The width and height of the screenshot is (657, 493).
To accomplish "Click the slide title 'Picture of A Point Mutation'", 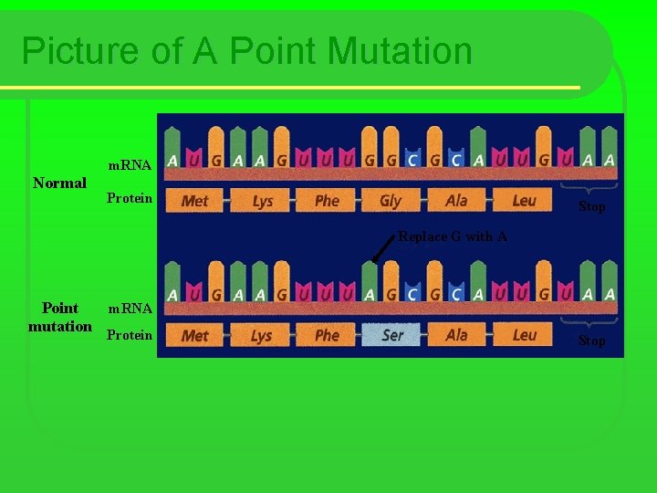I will click(246, 51).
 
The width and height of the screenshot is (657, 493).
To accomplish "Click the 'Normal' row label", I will click(59, 183).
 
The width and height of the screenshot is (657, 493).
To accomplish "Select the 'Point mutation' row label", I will click(60, 317).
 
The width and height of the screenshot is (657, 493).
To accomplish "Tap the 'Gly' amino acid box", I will click(391, 201).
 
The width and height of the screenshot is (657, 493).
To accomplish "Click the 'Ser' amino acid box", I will click(392, 335).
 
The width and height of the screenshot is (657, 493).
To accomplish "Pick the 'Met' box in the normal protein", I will click(195, 201).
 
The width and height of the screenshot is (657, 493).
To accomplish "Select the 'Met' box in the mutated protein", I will click(195, 335).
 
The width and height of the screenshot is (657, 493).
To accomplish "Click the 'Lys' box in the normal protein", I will click(263, 201).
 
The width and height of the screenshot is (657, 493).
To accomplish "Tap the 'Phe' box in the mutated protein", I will click(327, 335).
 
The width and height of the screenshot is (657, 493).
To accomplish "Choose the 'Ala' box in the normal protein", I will click(456, 201).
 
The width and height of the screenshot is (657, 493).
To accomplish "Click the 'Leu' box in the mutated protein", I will click(525, 335).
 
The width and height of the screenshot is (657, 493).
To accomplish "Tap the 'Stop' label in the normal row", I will click(591, 207).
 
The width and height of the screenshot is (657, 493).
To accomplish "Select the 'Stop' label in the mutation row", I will click(591, 341).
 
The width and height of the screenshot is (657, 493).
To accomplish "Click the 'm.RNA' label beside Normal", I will click(130, 165).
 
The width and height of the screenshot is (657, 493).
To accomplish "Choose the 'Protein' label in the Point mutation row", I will click(130, 335).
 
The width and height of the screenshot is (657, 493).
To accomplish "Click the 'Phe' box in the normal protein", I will click(327, 201).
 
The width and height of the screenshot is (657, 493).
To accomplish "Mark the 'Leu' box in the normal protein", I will click(525, 201).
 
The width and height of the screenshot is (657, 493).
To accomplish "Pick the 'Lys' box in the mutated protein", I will click(263, 335).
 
